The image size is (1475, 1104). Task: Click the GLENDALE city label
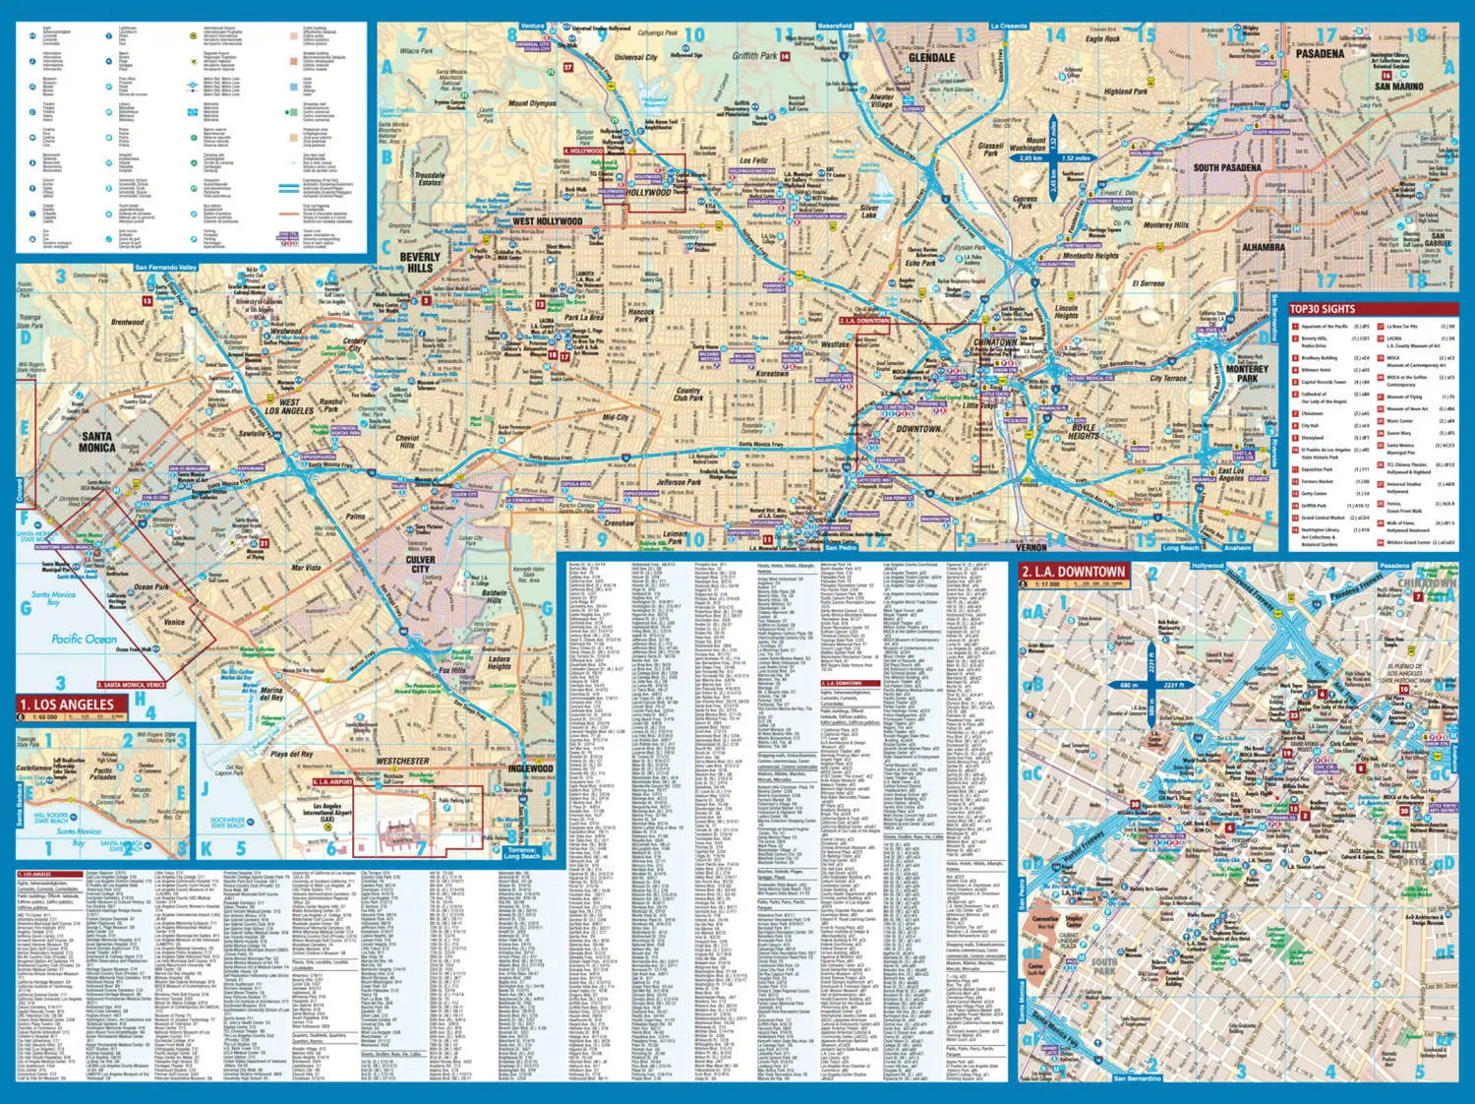[x=931, y=58]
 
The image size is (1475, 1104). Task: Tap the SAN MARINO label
[x=1398, y=87]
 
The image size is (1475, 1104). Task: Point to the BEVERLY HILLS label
[x=420, y=262]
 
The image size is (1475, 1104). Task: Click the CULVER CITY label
[x=421, y=564]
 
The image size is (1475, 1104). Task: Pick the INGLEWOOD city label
[x=530, y=768]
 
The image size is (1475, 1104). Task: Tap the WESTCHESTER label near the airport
[x=403, y=761]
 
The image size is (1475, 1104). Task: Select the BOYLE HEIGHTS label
[x=1083, y=431]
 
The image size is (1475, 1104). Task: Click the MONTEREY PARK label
[x=1247, y=373]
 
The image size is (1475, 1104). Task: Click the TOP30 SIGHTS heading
[x=1322, y=309]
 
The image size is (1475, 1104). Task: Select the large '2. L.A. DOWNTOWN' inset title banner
[x=1073, y=571]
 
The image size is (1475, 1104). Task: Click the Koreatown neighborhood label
[x=772, y=374]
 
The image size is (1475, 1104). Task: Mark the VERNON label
[x=1031, y=547]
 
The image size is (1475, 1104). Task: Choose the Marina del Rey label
[x=271, y=694]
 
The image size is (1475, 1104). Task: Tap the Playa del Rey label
[x=292, y=755]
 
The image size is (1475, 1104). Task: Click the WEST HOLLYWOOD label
[x=548, y=221]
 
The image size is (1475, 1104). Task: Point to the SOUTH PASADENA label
[x=1227, y=167]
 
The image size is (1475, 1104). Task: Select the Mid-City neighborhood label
[x=615, y=417]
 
